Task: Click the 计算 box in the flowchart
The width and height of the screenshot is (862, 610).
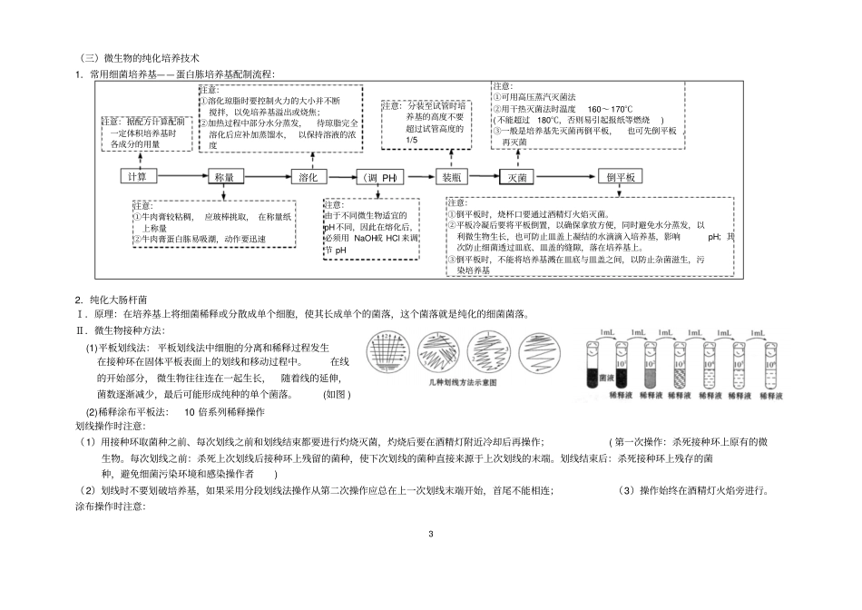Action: pos(137,177)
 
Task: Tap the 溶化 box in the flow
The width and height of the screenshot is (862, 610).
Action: pos(309,177)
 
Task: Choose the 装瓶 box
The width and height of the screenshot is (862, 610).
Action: pos(451,177)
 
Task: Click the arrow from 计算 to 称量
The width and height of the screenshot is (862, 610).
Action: pos(181,177)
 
